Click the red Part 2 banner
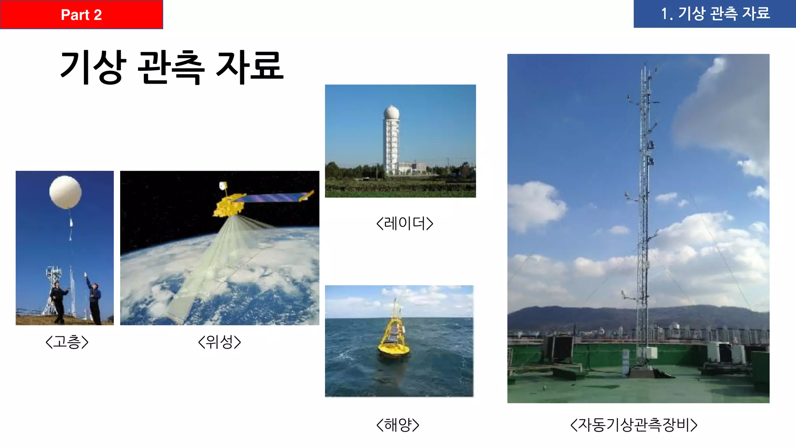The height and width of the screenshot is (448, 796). tap(81, 14)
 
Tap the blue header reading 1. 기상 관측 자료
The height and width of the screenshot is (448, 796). tap(714, 14)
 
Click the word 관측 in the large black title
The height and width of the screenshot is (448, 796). tap(171, 67)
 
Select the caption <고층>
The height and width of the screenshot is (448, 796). tap(67, 342)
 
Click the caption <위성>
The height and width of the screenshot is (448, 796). tap(220, 342)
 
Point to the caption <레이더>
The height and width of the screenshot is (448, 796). tap(405, 223)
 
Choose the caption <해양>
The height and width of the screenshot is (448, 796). tap(398, 425)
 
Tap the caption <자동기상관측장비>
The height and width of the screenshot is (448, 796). tap(634, 425)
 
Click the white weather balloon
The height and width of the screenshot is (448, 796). tap(65, 192)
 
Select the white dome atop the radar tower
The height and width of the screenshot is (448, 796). tap(391, 112)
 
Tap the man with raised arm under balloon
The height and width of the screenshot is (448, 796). tap(94, 299)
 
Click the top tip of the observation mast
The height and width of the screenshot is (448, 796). tap(646, 64)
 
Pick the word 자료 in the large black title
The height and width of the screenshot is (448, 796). tap(250, 67)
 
